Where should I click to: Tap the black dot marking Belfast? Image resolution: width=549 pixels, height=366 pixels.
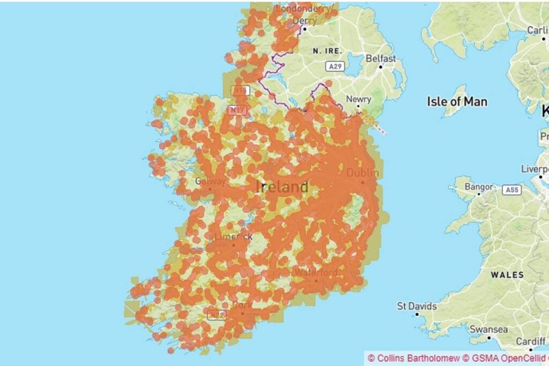[381, 67]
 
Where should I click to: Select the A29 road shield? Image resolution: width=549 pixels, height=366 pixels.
[335, 66]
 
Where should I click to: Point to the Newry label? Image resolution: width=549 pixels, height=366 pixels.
[359, 99]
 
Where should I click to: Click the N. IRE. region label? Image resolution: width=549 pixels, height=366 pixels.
[327, 50]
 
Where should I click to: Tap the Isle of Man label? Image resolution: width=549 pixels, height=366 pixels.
[457, 101]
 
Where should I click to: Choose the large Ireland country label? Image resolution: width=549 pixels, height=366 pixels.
[282, 187]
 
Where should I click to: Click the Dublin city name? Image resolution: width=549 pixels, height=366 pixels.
[362, 173]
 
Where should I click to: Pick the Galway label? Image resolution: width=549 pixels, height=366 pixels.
[210, 181]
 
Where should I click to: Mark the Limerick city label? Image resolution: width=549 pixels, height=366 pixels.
[233, 236]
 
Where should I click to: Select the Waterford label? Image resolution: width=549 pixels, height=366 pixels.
[316, 272]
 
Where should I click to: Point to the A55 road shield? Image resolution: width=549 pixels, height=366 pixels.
[512, 190]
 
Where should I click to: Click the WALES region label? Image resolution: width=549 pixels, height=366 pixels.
[507, 275]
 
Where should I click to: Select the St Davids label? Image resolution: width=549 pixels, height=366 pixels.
[417, 307]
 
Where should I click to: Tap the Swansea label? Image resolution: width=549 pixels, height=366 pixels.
[488, 330]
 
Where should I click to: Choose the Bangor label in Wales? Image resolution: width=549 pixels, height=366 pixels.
[478, 187]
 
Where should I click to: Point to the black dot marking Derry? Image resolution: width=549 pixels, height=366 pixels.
[304, 28]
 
